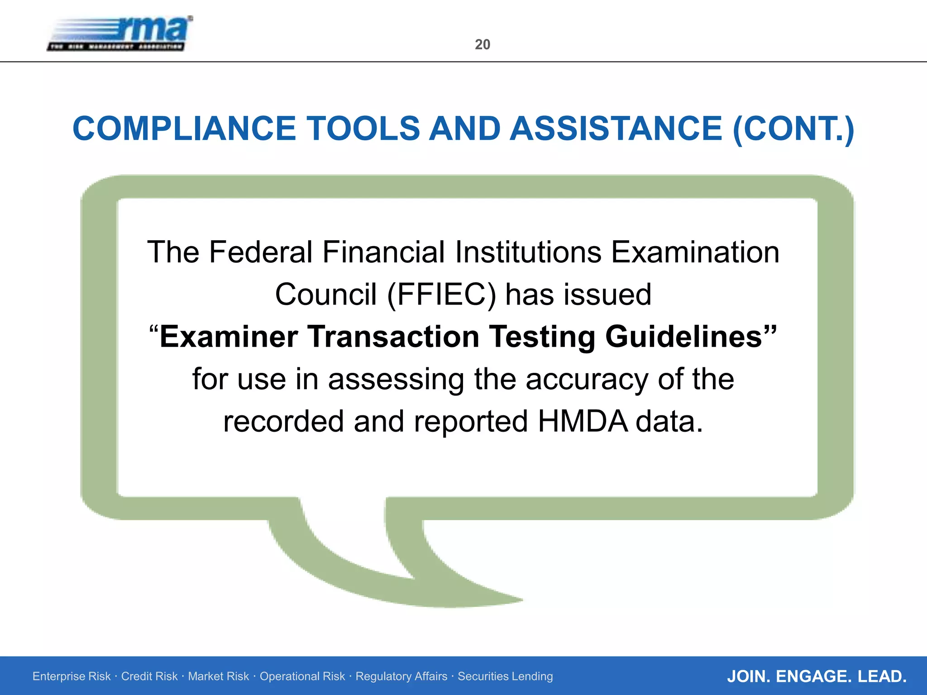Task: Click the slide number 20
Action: [483, 44]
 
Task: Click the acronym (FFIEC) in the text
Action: [441, 295]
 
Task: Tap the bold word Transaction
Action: [393, 337]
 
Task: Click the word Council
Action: [326, 295]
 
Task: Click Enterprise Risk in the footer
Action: [72, 676]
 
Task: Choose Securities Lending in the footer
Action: [505, 676]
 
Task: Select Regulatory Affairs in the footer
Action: [401, 676]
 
